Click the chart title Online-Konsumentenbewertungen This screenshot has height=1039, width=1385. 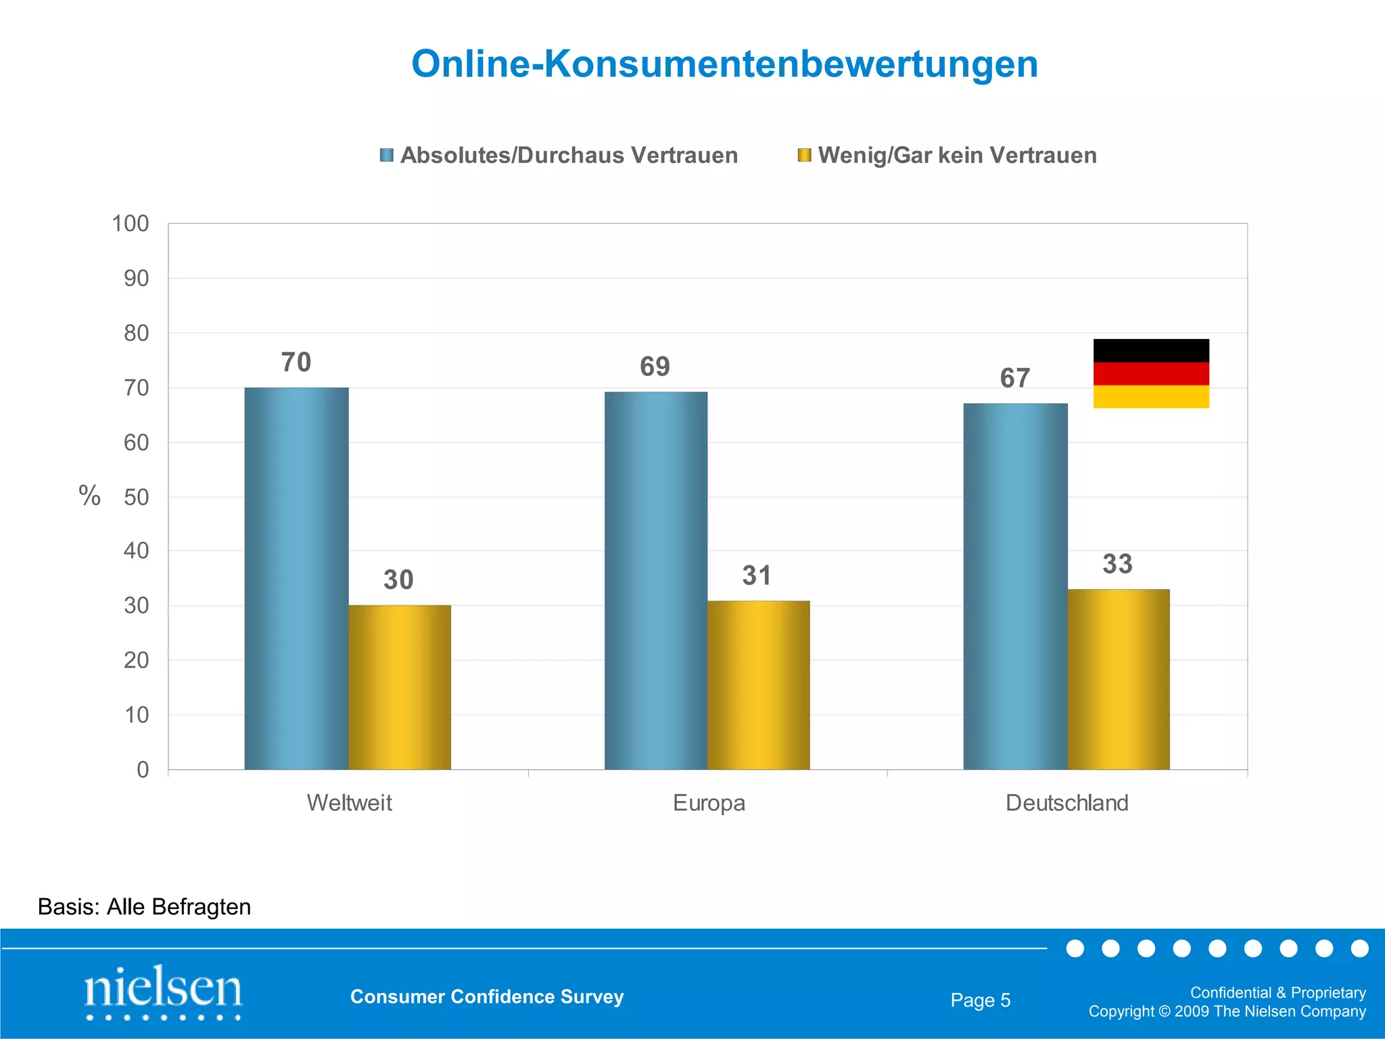pos(724,64)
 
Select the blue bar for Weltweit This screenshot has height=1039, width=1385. pos(296,578)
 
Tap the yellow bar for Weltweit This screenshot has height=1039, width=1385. pos(400,687)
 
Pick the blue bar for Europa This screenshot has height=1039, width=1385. pos(656,580)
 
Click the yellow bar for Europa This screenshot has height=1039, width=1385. pos(758,685)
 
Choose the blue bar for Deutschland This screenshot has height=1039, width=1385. pos(1015,586)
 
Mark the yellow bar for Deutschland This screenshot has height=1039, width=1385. pos(1118,679)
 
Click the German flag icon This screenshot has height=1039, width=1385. pos(1150,373)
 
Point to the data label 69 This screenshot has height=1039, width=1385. pos(655,367)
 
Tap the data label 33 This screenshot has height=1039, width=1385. pos(1117,564)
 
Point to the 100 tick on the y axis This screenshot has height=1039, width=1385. pos(130,224)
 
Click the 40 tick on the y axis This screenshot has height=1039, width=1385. pos(136,551)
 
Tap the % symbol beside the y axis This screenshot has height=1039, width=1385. pos(89,496)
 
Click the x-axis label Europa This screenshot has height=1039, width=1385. pos(709,803)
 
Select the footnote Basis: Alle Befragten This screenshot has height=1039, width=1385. pos(144,906)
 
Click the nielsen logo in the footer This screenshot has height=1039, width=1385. pos(163,992)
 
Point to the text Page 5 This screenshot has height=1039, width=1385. pos(980,1000)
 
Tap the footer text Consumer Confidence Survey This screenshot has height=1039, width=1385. pos(487,996)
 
